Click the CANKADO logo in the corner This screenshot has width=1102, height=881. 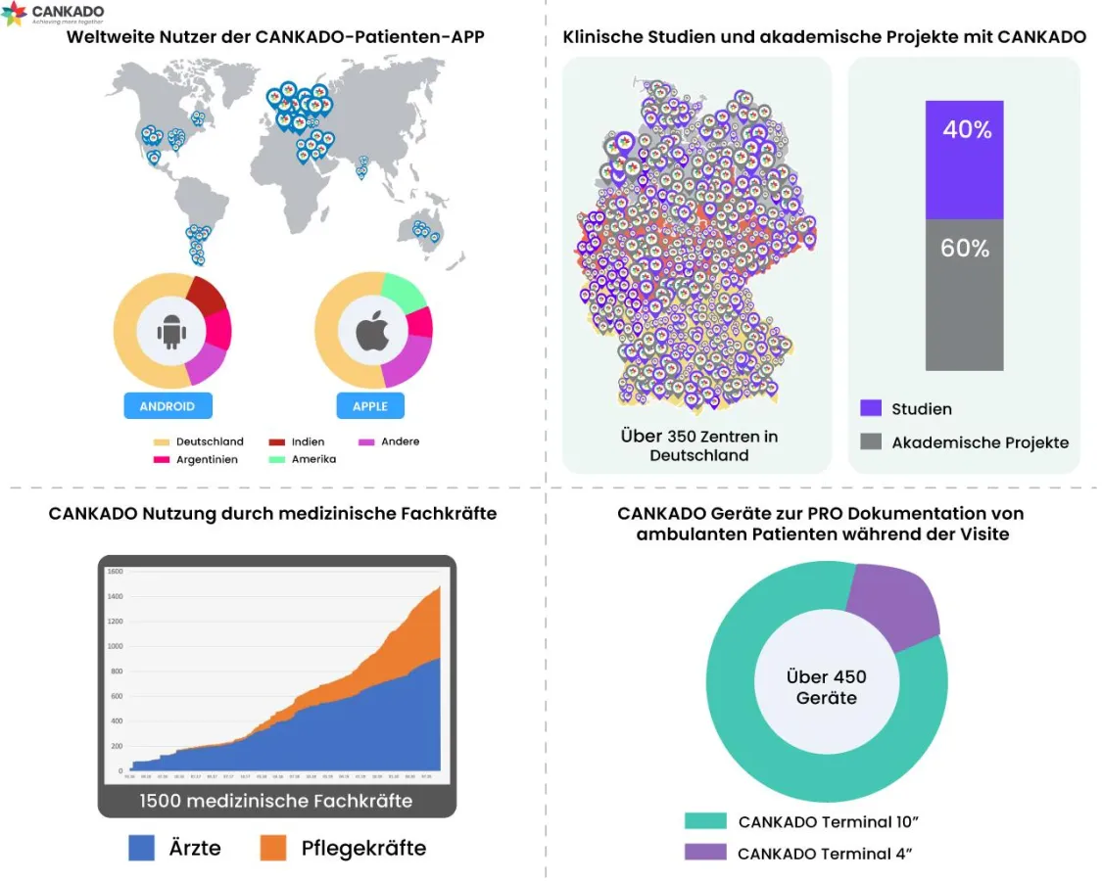(x=53, y=14)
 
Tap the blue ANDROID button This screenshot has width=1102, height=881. (x=168, y=406)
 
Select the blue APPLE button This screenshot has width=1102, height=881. (x=370, y=406)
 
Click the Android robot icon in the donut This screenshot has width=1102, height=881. (x=171, y=333)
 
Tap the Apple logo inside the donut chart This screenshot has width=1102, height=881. (x=372, y=333)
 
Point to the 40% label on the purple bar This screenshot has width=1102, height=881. (x=967, y=130)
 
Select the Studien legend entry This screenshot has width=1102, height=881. (x=906, y=409)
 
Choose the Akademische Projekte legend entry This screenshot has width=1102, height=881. (x=965, y=442)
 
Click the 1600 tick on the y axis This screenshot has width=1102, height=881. (x=115, y=572)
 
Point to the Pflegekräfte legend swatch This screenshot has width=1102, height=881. (x=273, y=848)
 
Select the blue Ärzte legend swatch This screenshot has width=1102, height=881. (x=142, y=848)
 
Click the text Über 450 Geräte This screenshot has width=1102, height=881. (x=827, y=687)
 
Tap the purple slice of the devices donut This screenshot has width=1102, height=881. (x=891, y=608)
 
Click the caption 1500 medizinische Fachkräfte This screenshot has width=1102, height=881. (x=276, y=801)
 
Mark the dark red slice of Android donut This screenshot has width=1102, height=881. (x=207, y=295)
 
